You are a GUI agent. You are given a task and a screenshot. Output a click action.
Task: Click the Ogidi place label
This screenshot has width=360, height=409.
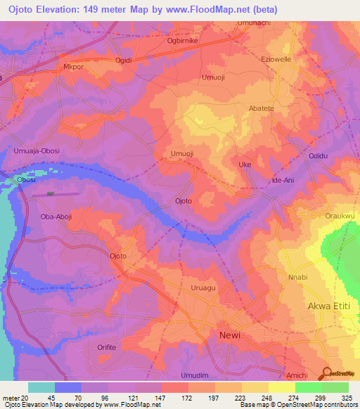(124, 60)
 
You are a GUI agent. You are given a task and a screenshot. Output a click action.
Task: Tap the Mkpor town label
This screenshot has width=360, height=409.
(74, 68)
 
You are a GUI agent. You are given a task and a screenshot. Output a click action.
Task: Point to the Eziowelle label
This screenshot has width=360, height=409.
(276, 60)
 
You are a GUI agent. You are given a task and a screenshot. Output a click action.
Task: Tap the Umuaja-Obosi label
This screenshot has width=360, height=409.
(34, 150)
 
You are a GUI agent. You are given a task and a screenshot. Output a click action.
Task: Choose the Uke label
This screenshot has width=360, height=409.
(245, 164)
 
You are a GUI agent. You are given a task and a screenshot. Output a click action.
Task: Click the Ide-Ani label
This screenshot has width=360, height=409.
(283, 181)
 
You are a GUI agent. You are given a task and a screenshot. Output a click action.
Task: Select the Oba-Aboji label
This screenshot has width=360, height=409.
(56, 216)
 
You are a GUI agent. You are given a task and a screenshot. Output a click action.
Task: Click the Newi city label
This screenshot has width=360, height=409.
(229, 335)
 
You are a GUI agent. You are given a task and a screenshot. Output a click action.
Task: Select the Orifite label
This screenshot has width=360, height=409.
(108, 347)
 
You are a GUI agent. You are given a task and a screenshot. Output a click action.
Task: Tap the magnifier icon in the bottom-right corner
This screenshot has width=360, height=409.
(328, 372)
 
